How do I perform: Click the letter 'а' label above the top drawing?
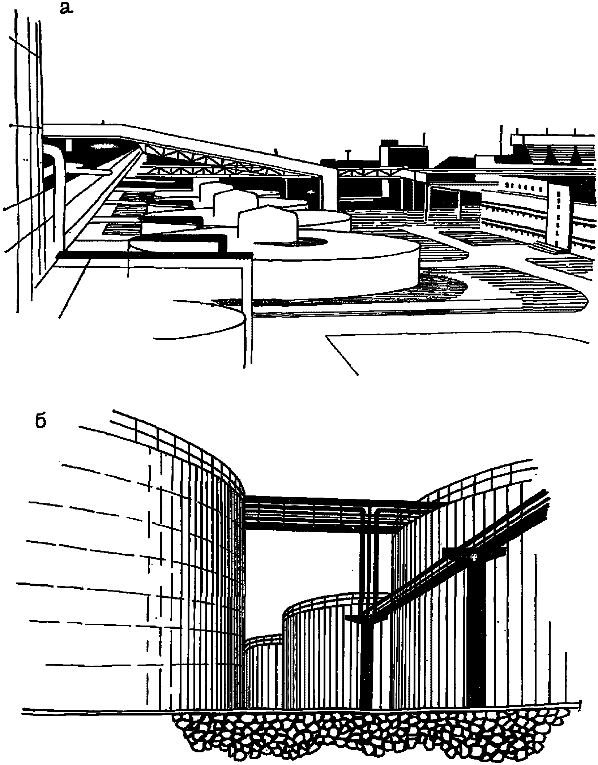[x=66, y=8]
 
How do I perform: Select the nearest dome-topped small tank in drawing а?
[x=268, y=225]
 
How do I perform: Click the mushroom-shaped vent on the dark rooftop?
[x=348, y=154]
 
